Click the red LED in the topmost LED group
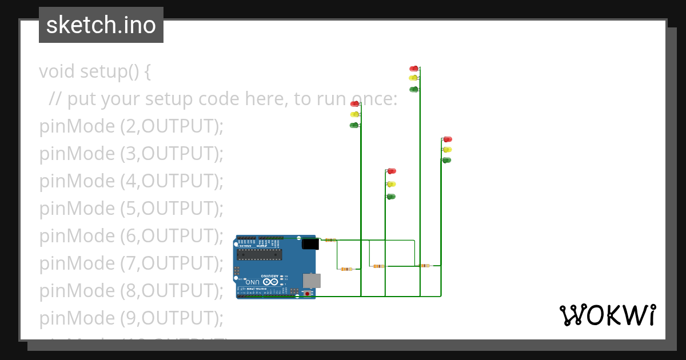[x=413, y=69]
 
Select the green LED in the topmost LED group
[x=413, y=89]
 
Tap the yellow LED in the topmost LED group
[x=413, y=78]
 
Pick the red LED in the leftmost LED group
[x=354, y=104]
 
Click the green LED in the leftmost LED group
[x=354, y=125]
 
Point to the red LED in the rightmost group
[x=448, y=139]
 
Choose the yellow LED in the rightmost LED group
[x=447, y=150]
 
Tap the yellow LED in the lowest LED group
[x=391, y=184]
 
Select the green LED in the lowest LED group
[x=391, y=197]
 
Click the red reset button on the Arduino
[x=308, y=294]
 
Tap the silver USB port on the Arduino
[x=312, y=280]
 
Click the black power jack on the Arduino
[x=310, y=245]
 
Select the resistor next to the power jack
[x=329, y=240]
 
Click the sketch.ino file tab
[x=101, y=25]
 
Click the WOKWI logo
[x=607, y=315]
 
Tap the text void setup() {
[x=95, y=72]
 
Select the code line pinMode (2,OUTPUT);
[x=131, y=126]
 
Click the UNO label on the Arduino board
[x=252, y=282]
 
